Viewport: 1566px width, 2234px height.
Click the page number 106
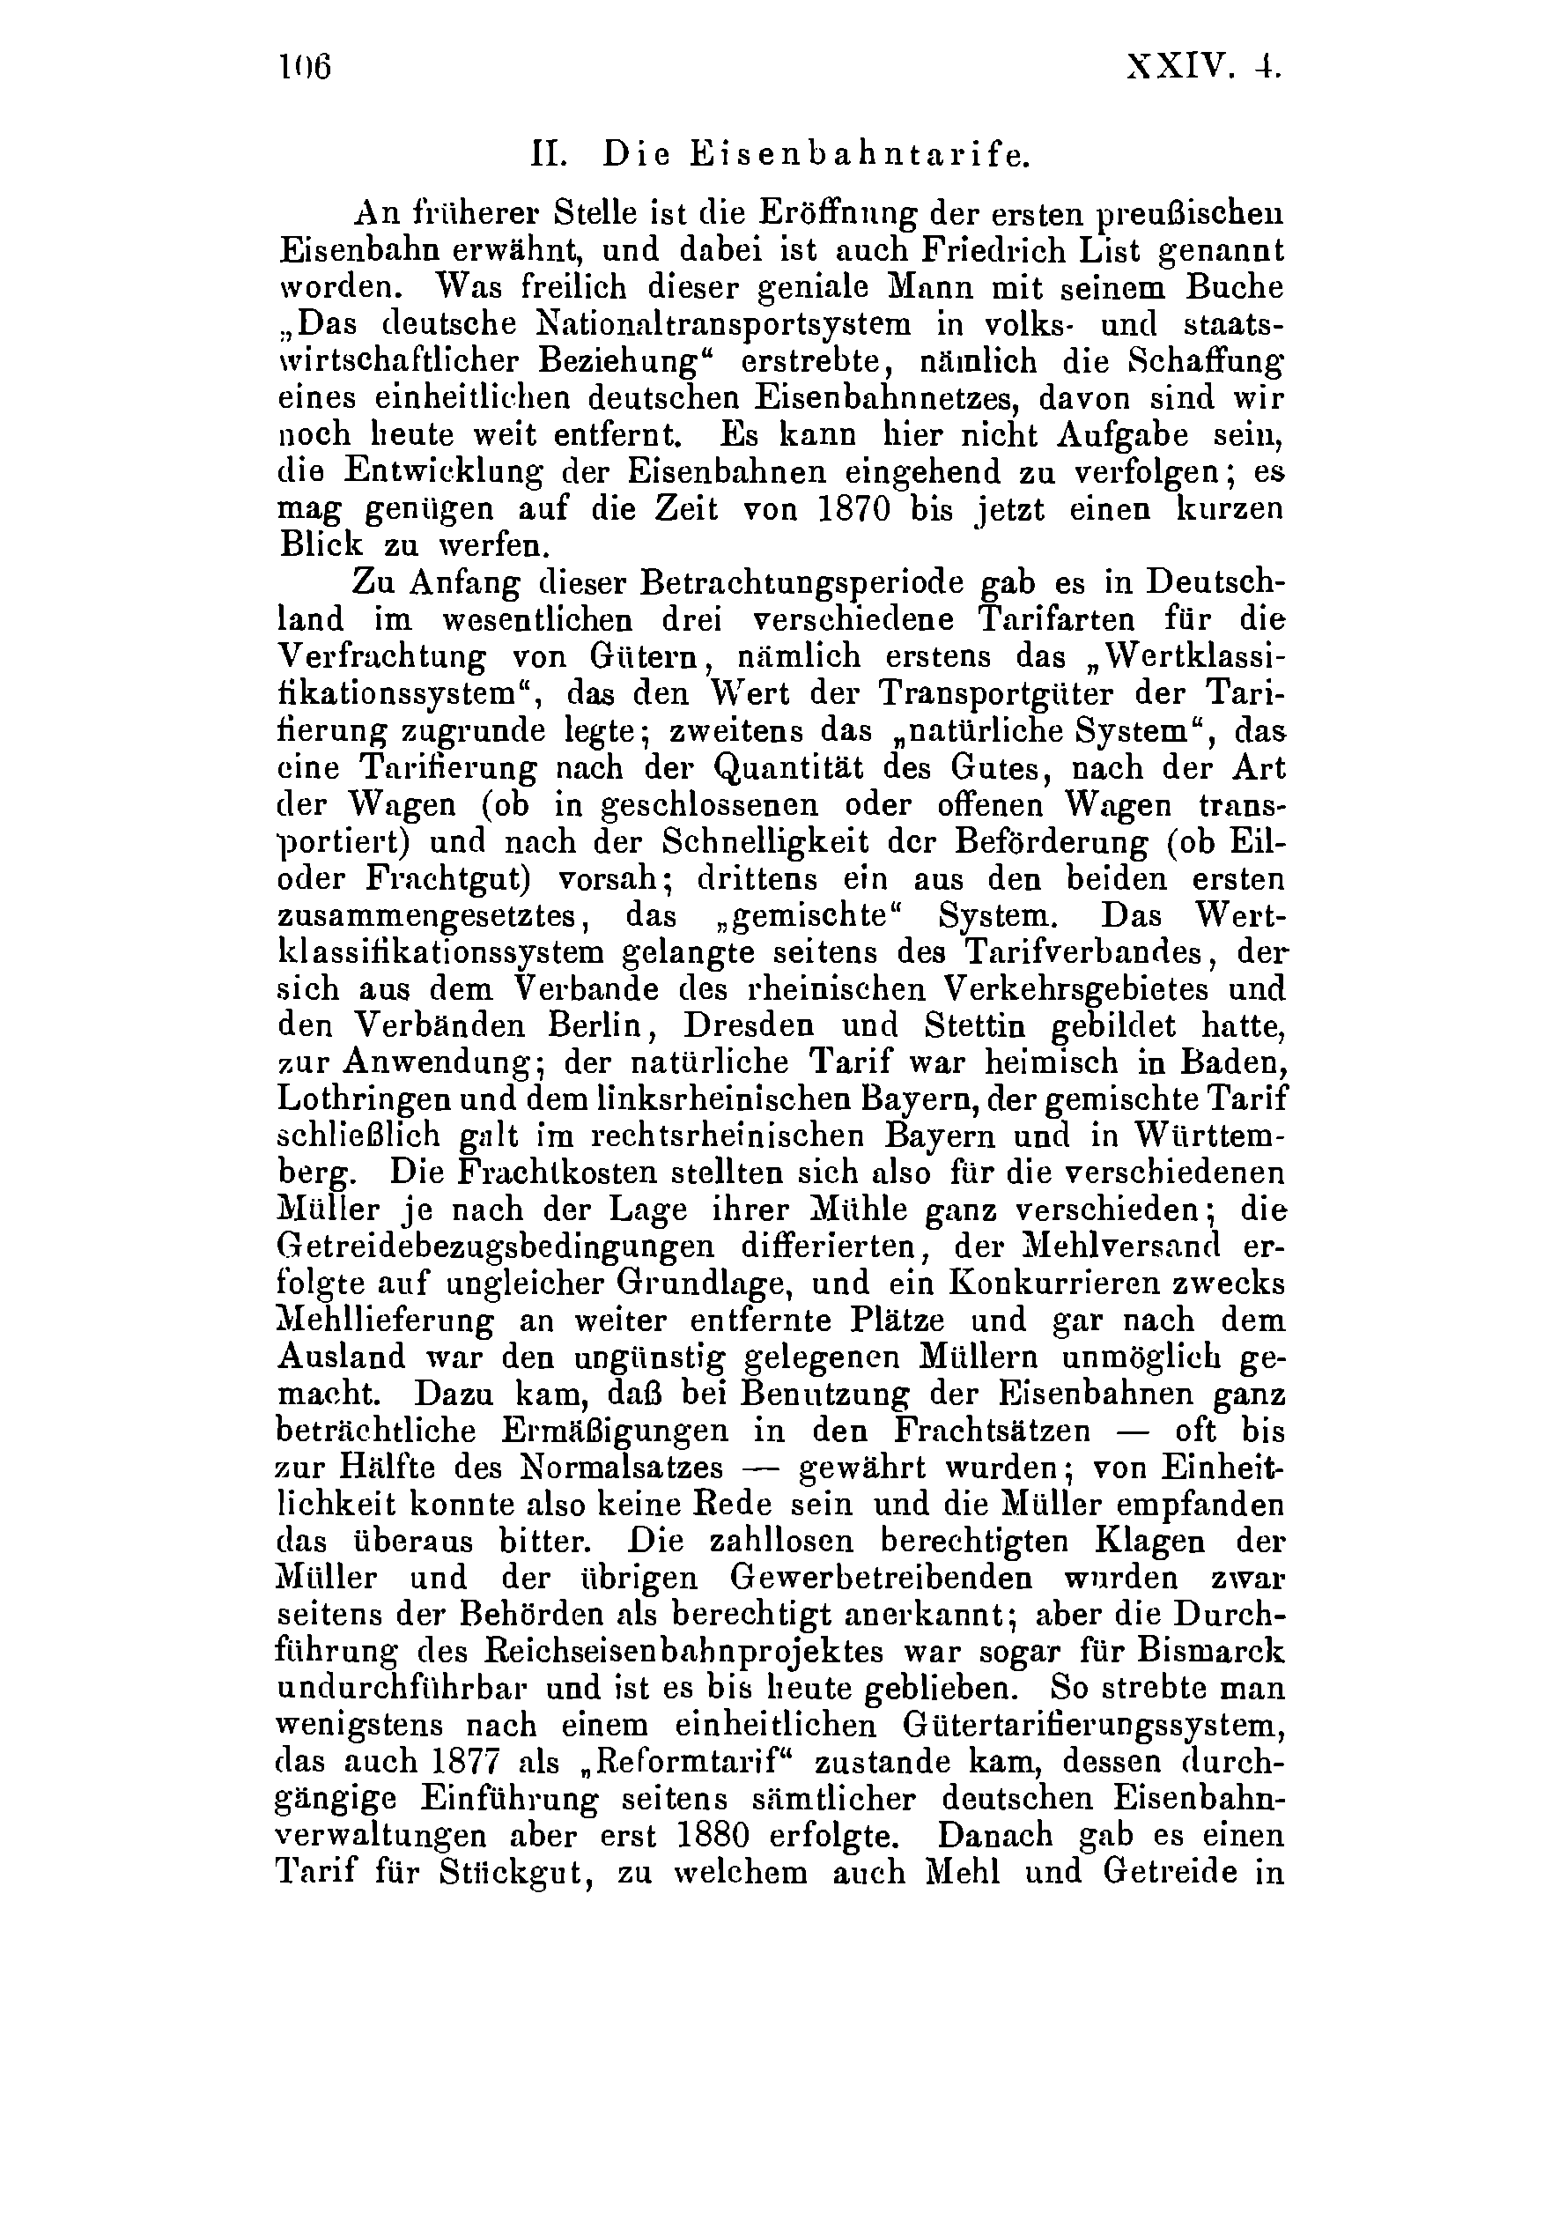[x=306, y=68]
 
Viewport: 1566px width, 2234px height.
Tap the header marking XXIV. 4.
[x=1203, y=68]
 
